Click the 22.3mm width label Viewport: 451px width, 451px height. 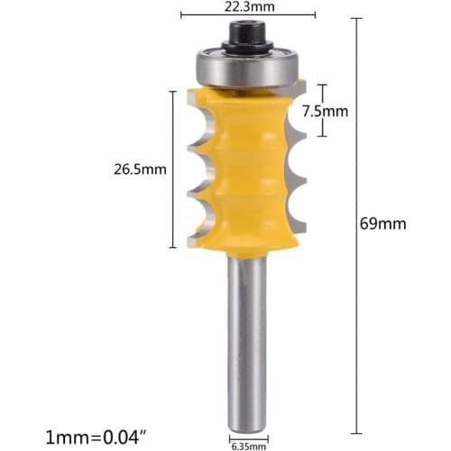pyautogui.click(x=248, y=5)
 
